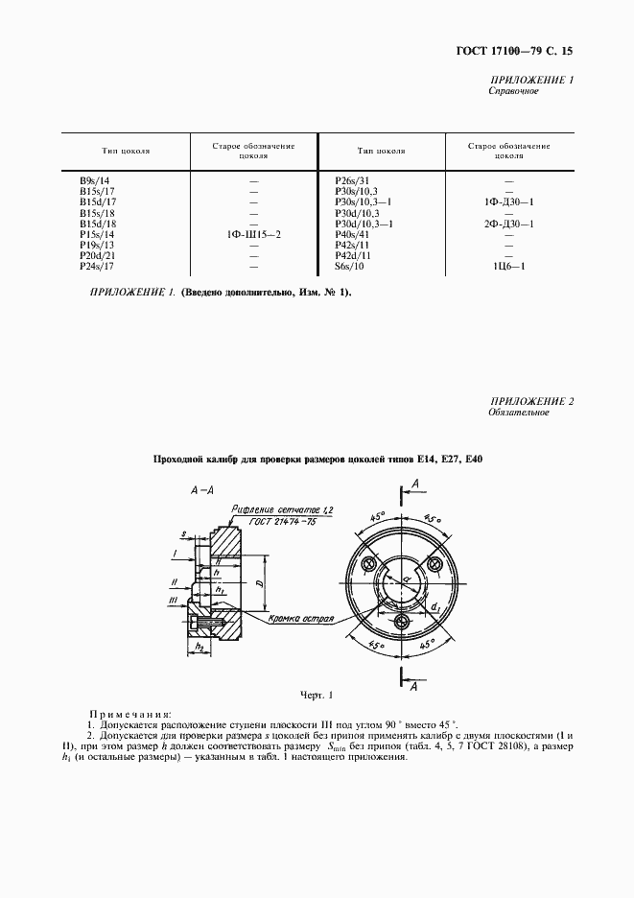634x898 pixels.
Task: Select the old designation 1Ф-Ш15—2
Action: click(253, 234)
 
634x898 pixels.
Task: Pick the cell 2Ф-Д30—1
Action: click(508, 224)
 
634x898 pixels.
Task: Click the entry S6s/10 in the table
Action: click(347, 266)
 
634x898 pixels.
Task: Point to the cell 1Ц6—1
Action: click(508, 266)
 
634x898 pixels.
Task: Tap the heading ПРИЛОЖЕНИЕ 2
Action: click(531, 400)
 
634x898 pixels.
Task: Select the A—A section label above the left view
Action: click(201, 489)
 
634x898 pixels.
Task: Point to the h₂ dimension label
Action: click(200, 648)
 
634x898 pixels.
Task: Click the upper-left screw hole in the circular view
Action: click(368, 562)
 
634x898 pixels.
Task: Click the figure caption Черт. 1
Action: click(317, 694)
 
